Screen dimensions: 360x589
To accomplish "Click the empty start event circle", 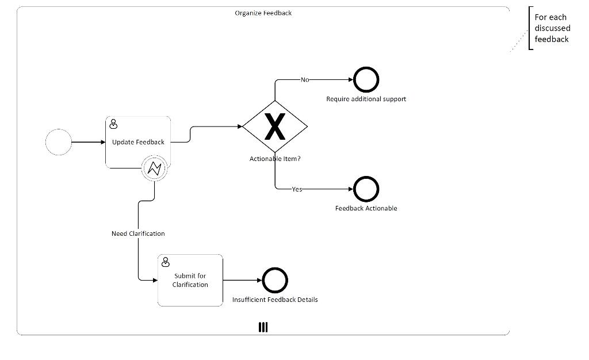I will (59, 142).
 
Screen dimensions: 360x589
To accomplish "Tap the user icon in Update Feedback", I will (114, 124).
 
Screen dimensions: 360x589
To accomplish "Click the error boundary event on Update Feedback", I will (154, 168).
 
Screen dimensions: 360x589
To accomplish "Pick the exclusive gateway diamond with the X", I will (275, 127).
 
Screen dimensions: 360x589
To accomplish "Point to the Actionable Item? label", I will (274, 159).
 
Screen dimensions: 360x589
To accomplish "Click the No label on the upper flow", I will (305, 80).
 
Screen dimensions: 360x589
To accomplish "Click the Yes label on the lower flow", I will (297, 189).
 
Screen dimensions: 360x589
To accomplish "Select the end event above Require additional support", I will (366, 80).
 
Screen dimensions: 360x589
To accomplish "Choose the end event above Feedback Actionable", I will (366, 189).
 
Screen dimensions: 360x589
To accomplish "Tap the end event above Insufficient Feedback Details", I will (275, 281).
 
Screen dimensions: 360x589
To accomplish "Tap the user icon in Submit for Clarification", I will (166, 262).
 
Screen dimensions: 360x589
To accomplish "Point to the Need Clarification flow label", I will (138, 233).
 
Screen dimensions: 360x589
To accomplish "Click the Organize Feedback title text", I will (263, 13).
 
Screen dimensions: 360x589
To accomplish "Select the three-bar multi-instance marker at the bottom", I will (263, 327).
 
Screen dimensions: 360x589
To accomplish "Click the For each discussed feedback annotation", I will (552, 28).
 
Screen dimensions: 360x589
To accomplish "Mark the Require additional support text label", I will (366, 99).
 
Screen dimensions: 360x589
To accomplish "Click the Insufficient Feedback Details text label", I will (275, 300).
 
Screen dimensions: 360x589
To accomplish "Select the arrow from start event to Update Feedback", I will (89, 142).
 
